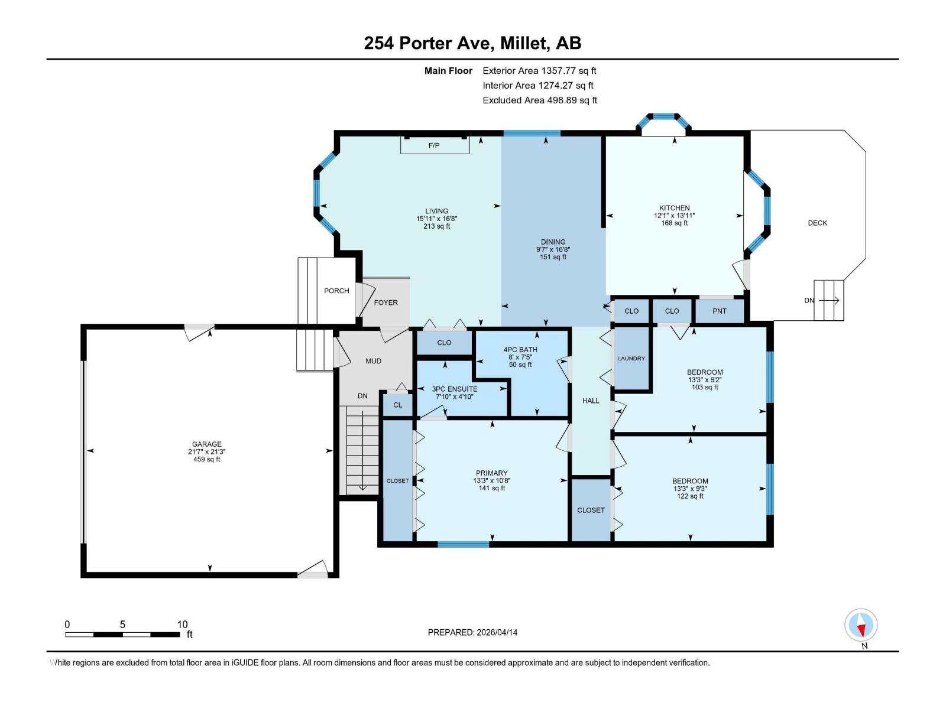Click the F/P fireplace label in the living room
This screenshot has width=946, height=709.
[434, 145]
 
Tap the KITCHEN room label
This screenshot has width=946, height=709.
[675, 208]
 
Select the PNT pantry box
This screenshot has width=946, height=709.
[719, 311]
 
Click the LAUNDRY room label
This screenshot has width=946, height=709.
[631, 359]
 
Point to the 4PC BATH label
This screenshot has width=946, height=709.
[520, 350]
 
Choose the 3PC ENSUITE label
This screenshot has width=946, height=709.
[454, 389]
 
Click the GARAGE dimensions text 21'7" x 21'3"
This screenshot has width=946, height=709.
[206, 451]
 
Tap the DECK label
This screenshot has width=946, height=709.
[817, 223]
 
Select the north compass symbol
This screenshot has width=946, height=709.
[861, 625]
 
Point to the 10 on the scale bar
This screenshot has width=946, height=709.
[182, 625]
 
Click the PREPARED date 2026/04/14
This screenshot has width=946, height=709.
[496, 632]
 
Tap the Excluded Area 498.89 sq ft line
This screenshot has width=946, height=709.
[539, 100]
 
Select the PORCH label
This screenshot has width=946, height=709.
[336, 291]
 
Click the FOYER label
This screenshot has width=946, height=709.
[385, 303]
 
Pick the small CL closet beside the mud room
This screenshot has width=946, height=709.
[397, 405]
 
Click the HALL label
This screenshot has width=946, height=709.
[591, 401]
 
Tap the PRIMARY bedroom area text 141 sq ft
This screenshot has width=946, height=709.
[491, 488]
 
